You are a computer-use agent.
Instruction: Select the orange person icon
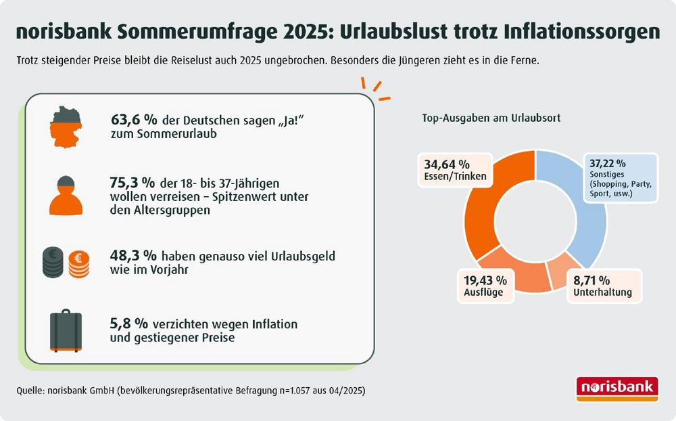pyautogui.click(x=66, y=194)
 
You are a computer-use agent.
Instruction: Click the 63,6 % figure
pyautogui.click(x=134, y=120)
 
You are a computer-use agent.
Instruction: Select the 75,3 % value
pyautogui.click(x=132, y=183)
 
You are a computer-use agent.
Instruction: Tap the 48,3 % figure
pyautogui.click(x=132, y=256)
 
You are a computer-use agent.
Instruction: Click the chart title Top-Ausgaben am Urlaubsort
pyautogui.click(x=491, y=118)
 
